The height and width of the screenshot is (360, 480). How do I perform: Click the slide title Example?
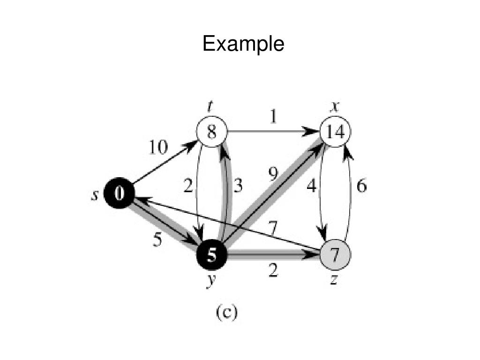tap(243, 45)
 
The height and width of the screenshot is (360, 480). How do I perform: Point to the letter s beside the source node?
tap(94, 195)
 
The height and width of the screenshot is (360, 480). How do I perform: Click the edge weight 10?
tap(158, 148)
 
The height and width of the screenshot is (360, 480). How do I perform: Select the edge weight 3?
tap(238, 186)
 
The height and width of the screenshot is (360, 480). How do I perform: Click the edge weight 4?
tap(311, 186)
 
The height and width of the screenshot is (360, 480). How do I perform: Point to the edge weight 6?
tap(361, 186)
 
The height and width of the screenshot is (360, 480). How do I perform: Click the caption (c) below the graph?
tap(226, 313)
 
